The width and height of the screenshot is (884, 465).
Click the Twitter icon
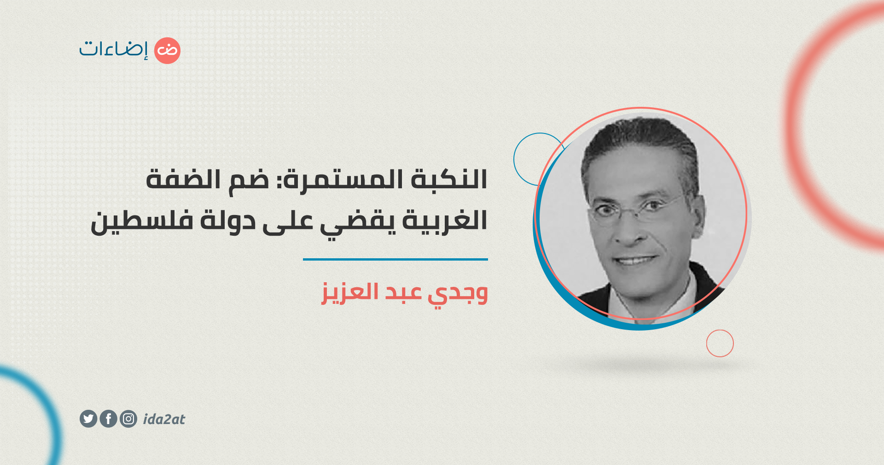pyautogui.click(x=88, y=418)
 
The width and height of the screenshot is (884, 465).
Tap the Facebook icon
pyautogui.click(x=108, y=418)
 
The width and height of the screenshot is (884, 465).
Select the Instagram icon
pyautogui.click(x=128, y=418)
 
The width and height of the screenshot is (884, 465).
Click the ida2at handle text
pyautogui.click(x=164, y=419)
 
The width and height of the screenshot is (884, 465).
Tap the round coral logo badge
pyautogui.click(x=167, y=51)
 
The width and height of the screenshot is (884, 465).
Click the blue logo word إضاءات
pyautogui.click(x=114, y=49)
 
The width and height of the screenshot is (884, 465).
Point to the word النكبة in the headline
pyautogui.click(x=449, y=179)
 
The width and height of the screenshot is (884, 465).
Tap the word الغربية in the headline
pyautogui.click(x=445, y=221)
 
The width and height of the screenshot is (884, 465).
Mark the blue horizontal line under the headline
pyautogui.click(x=395, y=259)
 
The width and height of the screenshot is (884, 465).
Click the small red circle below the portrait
pyautogui.click(x=720, y=343)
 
